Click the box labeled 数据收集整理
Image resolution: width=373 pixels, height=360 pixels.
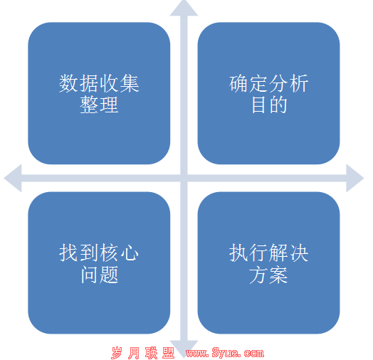pos(99,93)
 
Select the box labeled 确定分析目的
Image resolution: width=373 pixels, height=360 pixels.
pos(268,93)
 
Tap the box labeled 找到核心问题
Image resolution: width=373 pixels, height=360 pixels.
pos(99,263)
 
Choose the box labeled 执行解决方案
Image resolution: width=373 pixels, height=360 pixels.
pos(268,263)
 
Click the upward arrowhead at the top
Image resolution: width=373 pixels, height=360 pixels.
pos(184,9)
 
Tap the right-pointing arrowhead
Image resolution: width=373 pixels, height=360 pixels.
pos(354,178)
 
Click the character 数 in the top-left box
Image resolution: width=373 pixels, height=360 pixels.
pos(69,83)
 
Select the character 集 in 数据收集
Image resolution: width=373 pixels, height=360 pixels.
pos(130,83)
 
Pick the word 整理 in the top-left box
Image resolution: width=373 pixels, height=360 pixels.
pos(99,105)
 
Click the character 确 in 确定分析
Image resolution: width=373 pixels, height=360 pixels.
pos(238,83)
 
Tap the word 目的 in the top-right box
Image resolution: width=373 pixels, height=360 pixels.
pos(269,105)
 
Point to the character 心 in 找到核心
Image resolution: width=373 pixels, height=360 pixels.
pos(130,253)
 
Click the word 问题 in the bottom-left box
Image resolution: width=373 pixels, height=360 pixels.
pos(100,275)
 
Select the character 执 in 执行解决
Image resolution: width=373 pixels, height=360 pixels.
pos(238,253)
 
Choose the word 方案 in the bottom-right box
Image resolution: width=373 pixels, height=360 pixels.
pos(268,275)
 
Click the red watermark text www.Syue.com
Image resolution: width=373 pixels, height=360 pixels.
pos(225,353)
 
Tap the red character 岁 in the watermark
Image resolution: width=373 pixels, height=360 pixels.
pos(117,353)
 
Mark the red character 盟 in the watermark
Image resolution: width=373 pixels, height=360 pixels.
pos(169,353)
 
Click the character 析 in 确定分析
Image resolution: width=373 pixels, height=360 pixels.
pos(299,83)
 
